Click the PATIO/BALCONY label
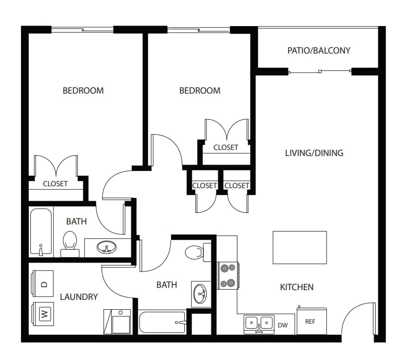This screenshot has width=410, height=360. point(319,50)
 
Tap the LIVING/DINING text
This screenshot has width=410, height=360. point(314,153)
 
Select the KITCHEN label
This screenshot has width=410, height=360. point(296,287)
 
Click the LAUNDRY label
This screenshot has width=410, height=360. point(79,297)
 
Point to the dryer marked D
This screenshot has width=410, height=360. point(43,284)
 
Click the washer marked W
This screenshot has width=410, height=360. point(43,314)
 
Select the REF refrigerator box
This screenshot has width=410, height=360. point(311,321)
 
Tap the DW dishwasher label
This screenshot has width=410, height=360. point(282,325)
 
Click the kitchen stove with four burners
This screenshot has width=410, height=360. point(228,275)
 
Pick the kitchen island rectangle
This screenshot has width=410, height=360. point(299,247)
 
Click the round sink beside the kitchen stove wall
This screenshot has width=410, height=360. point(201,293)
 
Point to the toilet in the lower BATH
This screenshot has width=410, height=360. point(194,252)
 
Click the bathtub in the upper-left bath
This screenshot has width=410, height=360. point(40,232)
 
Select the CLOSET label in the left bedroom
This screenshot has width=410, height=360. point(55,183)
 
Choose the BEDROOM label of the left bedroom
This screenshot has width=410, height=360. point(83,90)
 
